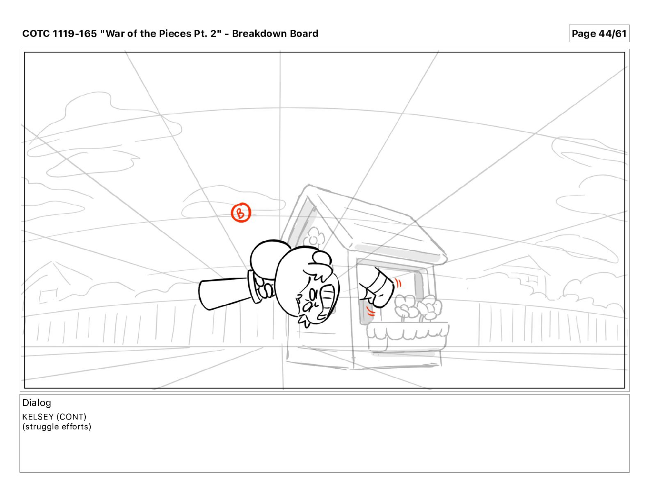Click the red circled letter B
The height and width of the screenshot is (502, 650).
click(x=241, y=212)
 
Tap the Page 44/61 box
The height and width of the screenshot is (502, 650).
click(x=599, y=34)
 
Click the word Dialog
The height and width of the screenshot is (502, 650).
click(x=37, y=403)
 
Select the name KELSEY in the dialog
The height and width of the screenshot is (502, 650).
click(x=38, y=417)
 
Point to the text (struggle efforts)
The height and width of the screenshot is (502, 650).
click(x=57, y=427)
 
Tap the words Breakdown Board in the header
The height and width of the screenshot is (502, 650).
click(x=275, y=34)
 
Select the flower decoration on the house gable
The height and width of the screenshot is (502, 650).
click(x=314, y=237)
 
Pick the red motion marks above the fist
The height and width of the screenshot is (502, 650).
click(x=398, y=282)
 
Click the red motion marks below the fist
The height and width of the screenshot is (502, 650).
click(x=371, y=311)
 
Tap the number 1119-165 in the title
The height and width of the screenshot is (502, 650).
click(x=75, y=34)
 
